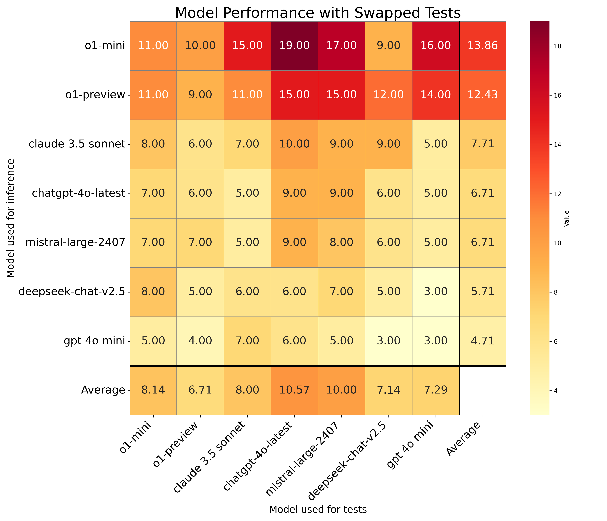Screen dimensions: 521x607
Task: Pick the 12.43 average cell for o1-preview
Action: point(483,95)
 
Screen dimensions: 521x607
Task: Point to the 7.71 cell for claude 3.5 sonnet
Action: point(483,144)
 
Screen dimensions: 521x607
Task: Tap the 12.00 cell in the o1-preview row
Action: point(388,95)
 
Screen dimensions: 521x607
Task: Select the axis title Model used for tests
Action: point(318,510)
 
